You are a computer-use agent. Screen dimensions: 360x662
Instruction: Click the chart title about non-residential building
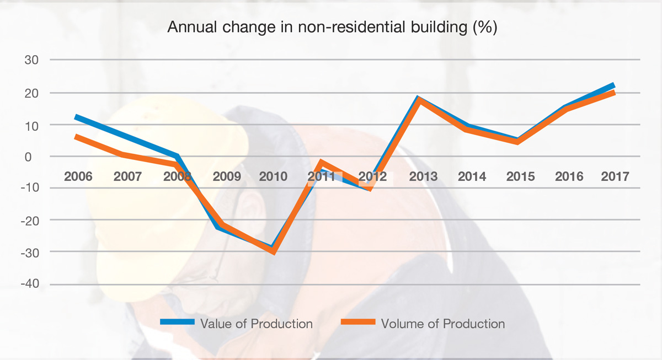tap(332, 28)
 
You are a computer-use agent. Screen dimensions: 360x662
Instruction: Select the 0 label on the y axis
tap(36, 157)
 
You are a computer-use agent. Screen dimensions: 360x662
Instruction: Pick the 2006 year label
tap(78, 176)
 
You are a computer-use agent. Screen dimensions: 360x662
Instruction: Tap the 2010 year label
tap(273, 176)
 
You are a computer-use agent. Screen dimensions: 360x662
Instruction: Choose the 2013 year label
tap(423, 176)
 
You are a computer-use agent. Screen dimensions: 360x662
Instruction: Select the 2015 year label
tap(520, 176)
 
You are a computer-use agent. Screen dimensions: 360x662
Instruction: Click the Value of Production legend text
tap(257, 324)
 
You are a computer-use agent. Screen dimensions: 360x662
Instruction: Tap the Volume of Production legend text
tap(443, 324)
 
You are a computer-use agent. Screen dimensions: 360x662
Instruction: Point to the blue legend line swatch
tap(178, 323)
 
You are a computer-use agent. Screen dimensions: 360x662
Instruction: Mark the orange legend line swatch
tap(358, 323)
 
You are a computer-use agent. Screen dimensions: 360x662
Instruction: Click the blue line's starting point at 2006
tap(76, 117)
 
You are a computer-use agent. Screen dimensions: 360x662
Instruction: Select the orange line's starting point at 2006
tap(76, 136)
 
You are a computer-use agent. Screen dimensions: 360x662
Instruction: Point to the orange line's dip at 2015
tap(517, 142)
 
